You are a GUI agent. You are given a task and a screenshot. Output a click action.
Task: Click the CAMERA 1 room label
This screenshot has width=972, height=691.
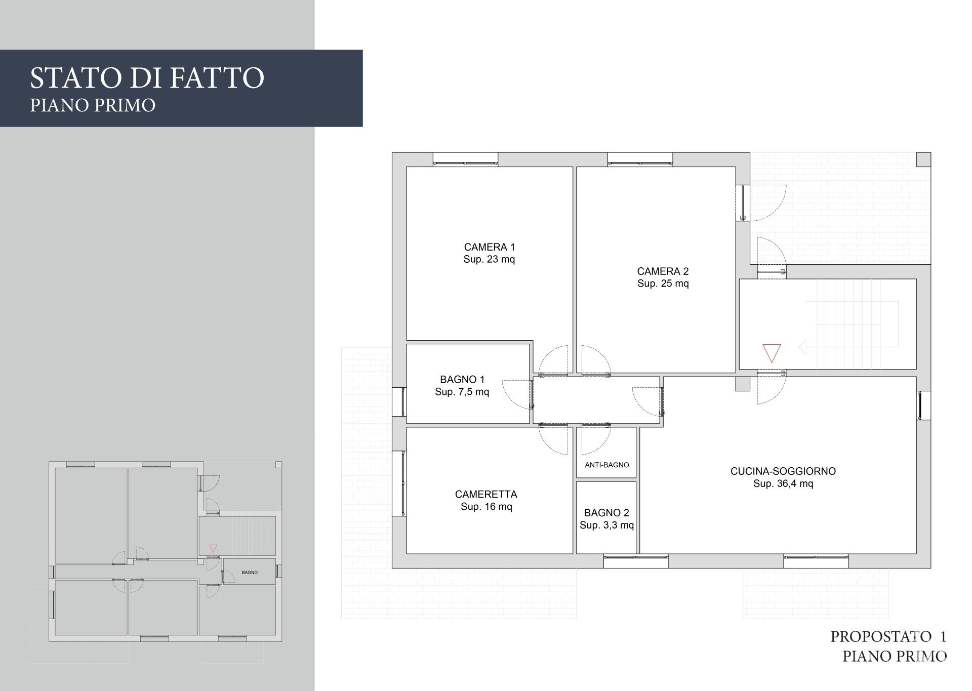point(489,247)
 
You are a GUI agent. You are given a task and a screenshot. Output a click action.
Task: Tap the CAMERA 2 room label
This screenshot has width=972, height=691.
point(663,271)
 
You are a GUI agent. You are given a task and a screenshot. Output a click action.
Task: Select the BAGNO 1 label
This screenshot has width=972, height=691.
point(462,379)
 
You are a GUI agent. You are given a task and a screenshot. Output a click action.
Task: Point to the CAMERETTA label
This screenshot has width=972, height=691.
point(486,494)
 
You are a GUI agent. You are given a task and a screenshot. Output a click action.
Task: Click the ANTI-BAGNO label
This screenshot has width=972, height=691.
point(606,465)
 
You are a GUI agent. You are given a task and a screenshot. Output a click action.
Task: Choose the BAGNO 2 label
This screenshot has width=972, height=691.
point(606,513)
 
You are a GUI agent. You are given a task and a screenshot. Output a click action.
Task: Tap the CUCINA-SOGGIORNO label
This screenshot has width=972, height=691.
point(783,471)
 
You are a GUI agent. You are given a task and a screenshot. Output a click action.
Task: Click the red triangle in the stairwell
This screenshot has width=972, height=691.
point(771,353)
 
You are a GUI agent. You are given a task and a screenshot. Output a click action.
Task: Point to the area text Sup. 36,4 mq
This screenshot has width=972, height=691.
point(783,483)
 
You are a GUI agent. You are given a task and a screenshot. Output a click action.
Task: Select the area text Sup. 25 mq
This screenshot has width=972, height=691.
point(663,283)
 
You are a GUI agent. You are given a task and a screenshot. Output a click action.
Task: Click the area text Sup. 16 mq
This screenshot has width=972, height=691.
point(486,507)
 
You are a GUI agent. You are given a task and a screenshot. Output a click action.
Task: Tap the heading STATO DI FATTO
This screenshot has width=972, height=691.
point(147,77)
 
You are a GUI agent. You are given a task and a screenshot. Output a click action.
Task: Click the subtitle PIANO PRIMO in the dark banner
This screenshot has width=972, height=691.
point(93,105)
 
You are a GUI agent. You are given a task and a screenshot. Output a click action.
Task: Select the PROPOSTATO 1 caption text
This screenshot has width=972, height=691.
point(888,636)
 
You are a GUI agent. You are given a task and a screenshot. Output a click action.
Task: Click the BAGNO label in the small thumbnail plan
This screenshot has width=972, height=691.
point(250,573)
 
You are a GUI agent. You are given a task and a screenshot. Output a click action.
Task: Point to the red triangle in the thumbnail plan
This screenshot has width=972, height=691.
point(213,548)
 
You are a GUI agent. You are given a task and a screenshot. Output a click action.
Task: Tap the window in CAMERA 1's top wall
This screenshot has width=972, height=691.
point(465,159)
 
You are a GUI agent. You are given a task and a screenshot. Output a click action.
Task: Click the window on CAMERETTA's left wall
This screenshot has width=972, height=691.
point(399,483)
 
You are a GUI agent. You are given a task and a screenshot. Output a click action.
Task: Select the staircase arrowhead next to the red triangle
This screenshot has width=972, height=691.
point(802,348)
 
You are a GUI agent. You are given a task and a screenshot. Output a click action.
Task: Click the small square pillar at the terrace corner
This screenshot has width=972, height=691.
point(924,159)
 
